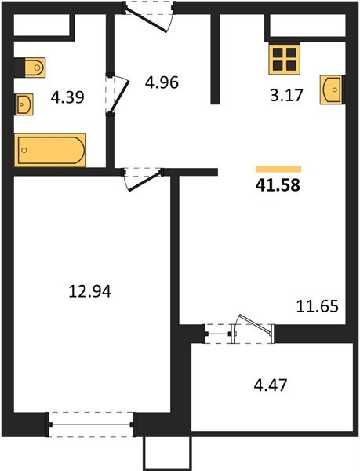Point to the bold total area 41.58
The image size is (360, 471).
[x=278, y=186]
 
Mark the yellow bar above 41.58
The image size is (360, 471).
[x=278, y=168]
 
